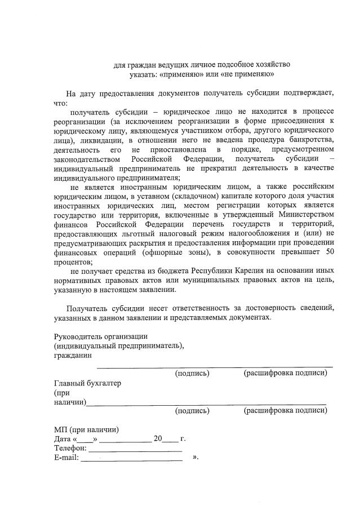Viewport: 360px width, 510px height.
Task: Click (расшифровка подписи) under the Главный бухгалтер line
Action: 285,410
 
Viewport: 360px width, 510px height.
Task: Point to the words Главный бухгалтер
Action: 87,383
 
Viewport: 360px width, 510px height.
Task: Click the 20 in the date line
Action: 158,438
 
